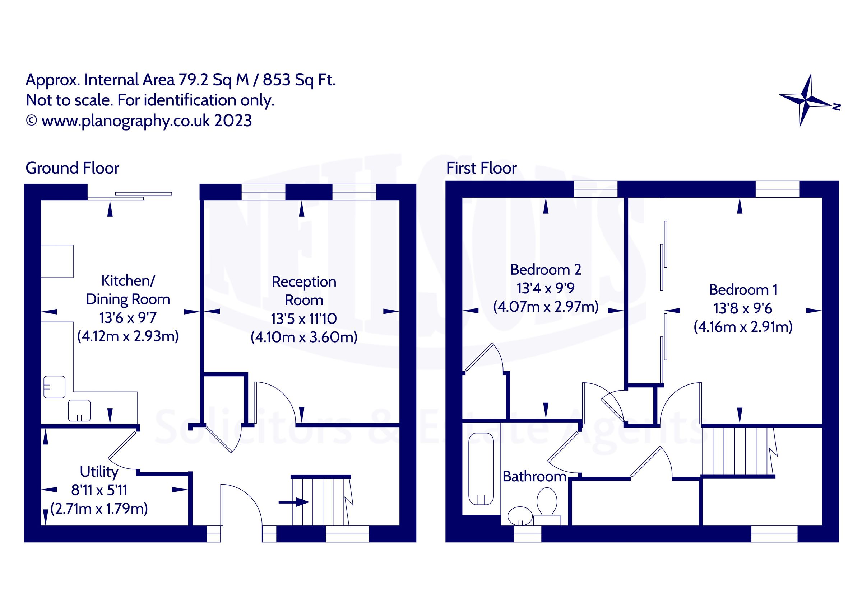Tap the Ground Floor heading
click(72, 168)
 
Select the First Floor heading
click(481, 168)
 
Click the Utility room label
click(99, 472)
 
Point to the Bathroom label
click(534, 477)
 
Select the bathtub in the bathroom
click(481, 469)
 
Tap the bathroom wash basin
click(520, 516)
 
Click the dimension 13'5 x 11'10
click(304, 319)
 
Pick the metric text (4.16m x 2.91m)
click(743, 327)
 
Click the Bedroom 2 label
click(546, 270)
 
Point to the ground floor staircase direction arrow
click(293, 502)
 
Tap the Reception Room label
click(304, 291)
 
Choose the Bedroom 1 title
click(743, 290)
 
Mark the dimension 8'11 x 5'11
click(99, 490)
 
